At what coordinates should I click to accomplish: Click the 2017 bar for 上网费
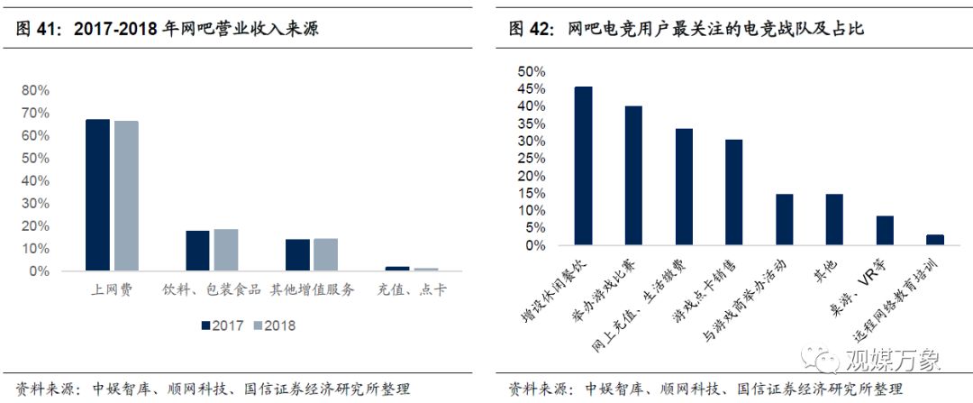97,195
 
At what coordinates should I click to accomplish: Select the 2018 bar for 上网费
126,196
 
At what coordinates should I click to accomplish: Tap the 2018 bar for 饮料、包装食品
226,250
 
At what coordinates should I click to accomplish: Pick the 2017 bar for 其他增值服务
297,255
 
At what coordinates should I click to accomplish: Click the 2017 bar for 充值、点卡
397,269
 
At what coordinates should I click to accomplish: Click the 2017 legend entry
220,325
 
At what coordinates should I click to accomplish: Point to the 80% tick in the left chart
35,90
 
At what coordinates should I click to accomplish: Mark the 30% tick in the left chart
35,203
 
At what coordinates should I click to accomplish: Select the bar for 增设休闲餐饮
584,166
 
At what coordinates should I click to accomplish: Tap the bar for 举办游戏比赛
634,176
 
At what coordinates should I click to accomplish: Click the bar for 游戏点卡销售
734,192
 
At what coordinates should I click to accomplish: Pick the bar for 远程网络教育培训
935,240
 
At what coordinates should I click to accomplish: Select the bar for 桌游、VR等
885,231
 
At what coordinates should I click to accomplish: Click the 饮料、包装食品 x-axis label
212,290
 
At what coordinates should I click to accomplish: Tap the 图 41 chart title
171,29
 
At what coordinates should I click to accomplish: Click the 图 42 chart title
686,29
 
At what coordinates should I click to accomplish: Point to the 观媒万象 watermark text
892,360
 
